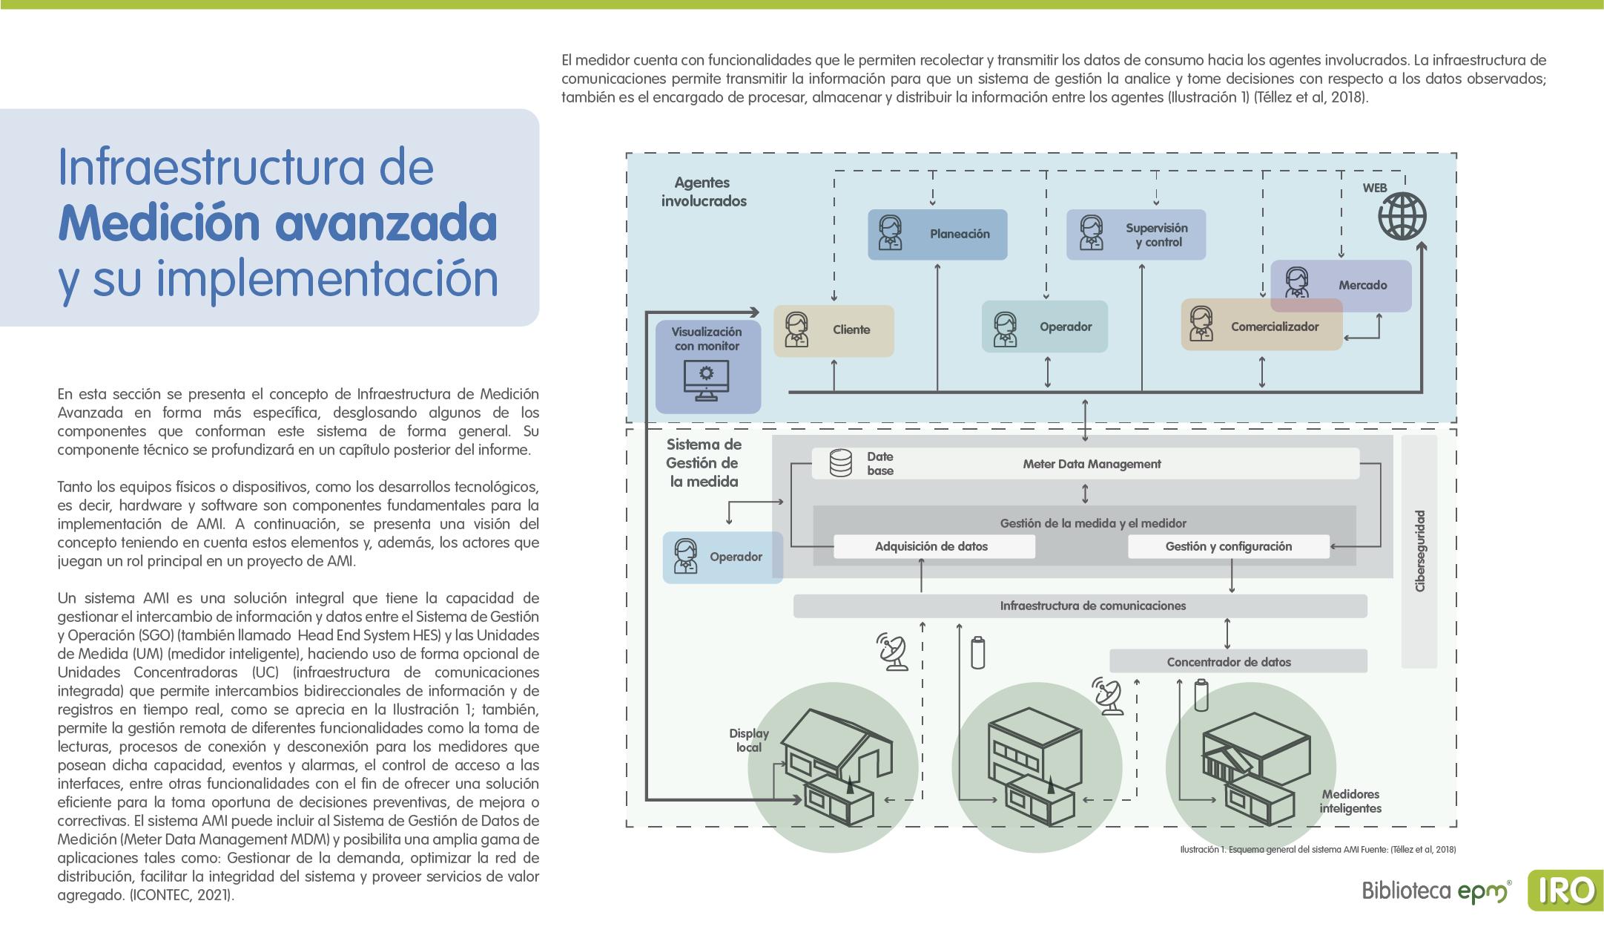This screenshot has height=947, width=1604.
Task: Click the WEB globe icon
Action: (1402, 217)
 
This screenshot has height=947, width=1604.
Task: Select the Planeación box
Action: (937, 235)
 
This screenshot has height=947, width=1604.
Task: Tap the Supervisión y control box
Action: (1135, 235)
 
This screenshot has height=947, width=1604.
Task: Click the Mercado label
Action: (1362, 285)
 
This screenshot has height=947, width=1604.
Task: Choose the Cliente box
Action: (834, 330)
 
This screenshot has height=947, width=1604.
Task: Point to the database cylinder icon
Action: (840, 464)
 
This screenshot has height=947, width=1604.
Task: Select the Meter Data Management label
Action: (1092, 465)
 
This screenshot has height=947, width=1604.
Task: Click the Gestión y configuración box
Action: (1228, 547)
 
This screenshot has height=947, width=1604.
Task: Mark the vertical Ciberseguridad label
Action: (1420, 551)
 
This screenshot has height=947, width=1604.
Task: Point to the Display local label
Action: (748, 741)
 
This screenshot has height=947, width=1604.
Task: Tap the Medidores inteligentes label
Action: (1350, 802)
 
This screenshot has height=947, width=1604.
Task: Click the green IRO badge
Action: (1565, 891)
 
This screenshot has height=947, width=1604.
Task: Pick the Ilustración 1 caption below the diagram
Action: (1317, 850)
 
